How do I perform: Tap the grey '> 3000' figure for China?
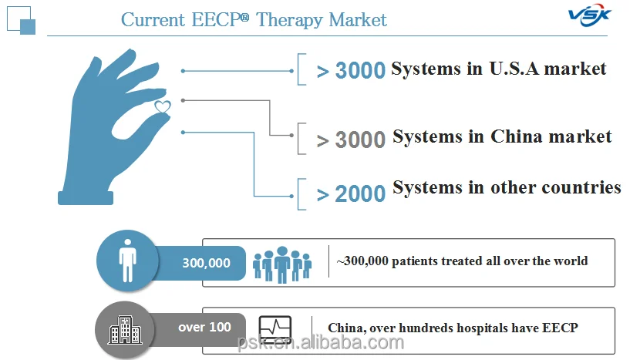351,140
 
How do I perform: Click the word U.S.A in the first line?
516,69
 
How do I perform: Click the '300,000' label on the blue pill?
206,263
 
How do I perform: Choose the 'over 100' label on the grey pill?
204,327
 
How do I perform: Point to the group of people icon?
282,264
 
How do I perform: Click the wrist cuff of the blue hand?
86,197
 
